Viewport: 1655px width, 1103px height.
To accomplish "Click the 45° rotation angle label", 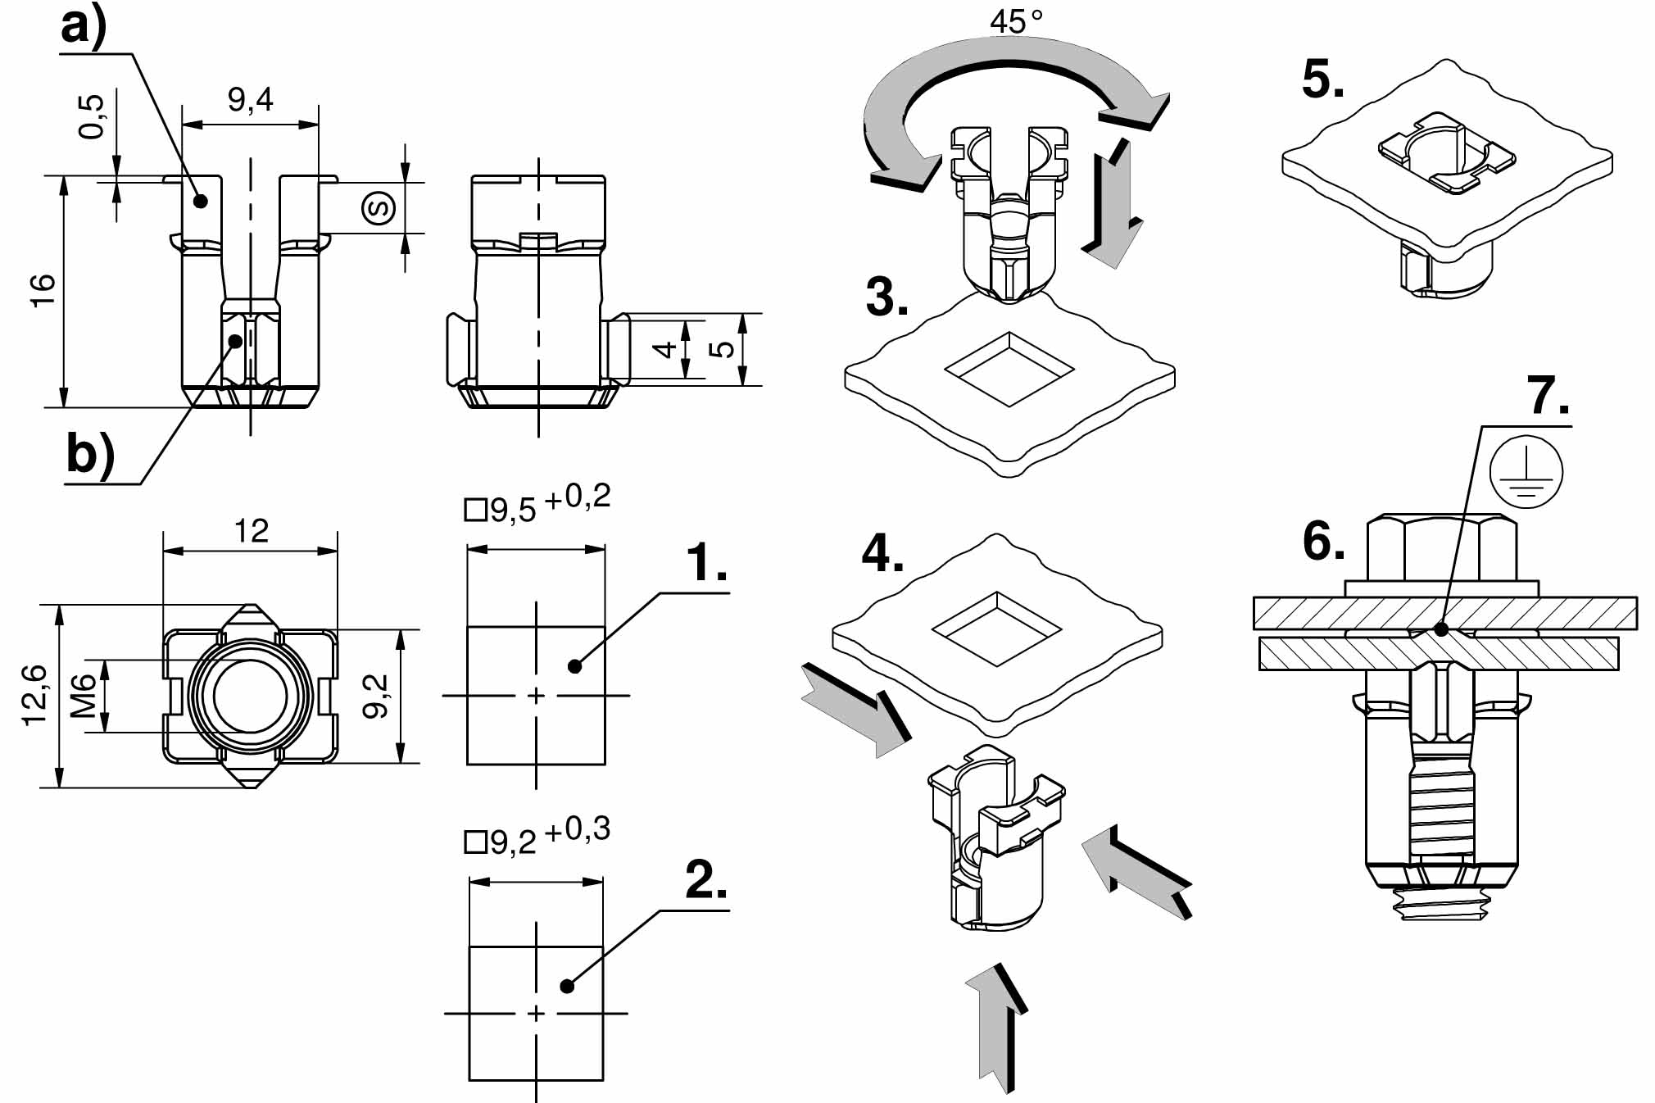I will pyautogui.click(x=1015, y=21).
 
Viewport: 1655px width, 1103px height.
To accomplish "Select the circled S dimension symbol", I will pyautogui.click(x=379, y=207).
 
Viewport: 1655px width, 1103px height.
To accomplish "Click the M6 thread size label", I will pyautogui.click(x=84, y=696).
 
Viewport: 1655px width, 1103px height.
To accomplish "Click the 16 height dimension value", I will pyautogui.click(x=42, y=291).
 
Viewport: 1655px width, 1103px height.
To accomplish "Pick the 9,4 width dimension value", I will pyautogui.click(x=250, y=100).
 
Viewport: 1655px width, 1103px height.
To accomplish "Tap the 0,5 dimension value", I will pyautogui.click(x=92, y=116).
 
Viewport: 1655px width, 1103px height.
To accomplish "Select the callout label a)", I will pyautogui.click(x=84, y=26).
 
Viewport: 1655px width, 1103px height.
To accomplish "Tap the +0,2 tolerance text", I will pyautogui.click(x=577, y=497).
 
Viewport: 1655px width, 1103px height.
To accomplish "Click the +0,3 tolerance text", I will pyautogui.click(x=577, y=830).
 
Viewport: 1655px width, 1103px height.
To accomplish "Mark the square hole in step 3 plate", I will pyautogui.click(x=1009, y=369).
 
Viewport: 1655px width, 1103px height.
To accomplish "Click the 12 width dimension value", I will pyautogui.click(x=251, y=532).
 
